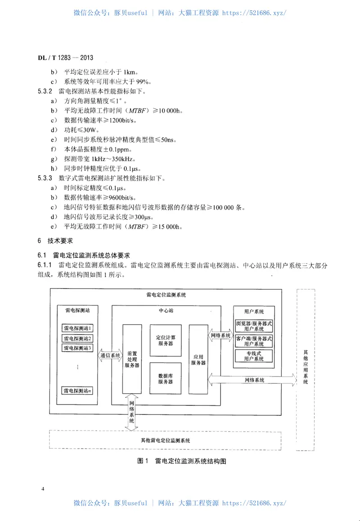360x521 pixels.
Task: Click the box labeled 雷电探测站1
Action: click(x=77, y=328)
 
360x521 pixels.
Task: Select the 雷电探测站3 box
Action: click(x=77, y=348)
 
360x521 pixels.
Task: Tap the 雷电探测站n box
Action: click(x=77, y=391)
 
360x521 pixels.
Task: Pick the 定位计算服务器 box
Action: click(x=165, y=340)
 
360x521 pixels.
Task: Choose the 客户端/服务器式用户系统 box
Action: click(x=254, y=341)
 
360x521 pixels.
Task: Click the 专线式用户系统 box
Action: click(x=254, y=356)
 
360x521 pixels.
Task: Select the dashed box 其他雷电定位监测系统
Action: click(x=165, y=440)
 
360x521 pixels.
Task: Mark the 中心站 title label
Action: click(x=165, y=310)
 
